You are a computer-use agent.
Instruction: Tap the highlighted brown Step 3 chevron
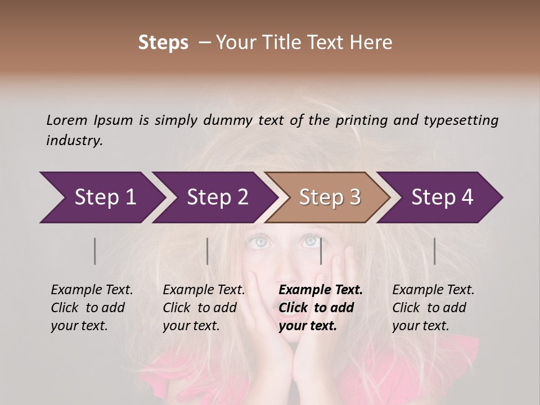click(329, 197)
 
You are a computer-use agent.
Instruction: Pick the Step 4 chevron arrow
click(442, 197)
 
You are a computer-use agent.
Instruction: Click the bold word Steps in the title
click(163, 43)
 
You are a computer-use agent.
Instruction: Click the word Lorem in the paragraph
click(66, 120)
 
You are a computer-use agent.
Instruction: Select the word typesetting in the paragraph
click(461, 120)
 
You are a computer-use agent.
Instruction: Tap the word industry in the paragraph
click(74, 141)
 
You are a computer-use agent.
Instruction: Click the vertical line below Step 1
click(95, 251)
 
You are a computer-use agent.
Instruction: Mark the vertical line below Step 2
click(208, 251)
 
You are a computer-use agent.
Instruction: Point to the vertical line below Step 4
click(434, 251)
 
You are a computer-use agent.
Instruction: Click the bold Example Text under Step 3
click(321, 290)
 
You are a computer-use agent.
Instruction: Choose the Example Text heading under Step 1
click(92, 290)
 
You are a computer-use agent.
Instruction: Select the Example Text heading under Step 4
click(433, 290)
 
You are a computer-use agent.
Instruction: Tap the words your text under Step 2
click(191, 326)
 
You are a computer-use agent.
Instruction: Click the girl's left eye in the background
click(260, 242)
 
